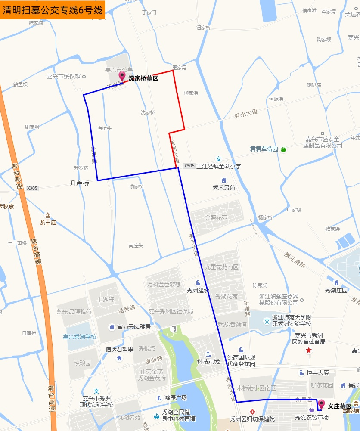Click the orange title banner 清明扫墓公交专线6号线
tap(53, 10)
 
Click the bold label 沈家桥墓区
tap(143, 78)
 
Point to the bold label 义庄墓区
tap(340, 406)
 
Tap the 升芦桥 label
tap(79, 183)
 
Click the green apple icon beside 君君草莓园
tap(283, 149)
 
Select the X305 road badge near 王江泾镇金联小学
tap(189, 166)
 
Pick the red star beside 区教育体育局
tap(308, 350)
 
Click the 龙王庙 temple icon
tap(48, 215)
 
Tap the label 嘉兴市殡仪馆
tap(64, 77)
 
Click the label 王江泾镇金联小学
tap(219, 166)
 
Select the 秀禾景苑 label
tap(224, 188)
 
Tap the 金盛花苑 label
tap(216, 218)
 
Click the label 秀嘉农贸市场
tap(311, 417)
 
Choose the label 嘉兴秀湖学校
tap(80, 337)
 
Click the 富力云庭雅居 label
tap(134, 327)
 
